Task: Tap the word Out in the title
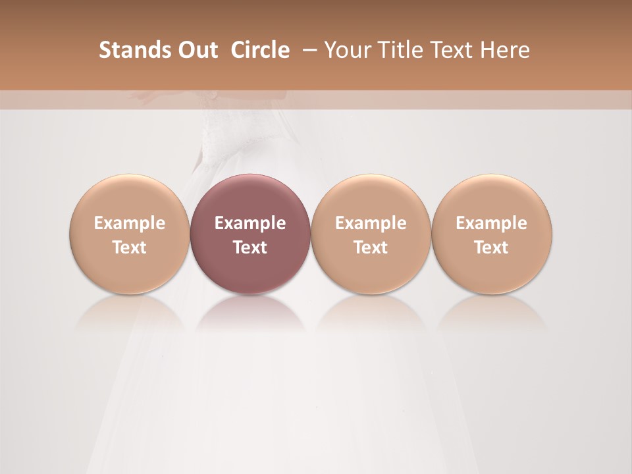[190, 50]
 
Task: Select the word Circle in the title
[260, 50]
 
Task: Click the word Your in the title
[342, 50]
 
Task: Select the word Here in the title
[504, 50]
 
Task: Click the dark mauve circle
[250, 234]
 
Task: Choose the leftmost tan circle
[130, 234]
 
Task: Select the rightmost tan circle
[492, 234]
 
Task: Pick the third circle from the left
[371, 234]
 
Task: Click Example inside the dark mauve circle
[250, 223]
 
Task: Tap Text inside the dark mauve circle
[250, 248]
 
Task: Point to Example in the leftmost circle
[130, 223]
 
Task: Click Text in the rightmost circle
[492, 248]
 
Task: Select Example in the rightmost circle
[492, 223]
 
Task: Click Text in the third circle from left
[371, 248]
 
